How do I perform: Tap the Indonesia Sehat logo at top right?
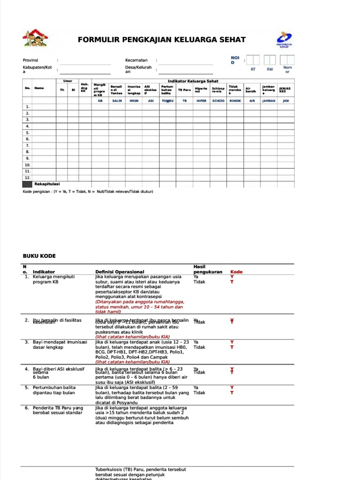pyautogui.click(x=284, y=40)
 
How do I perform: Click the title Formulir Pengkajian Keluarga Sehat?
pyautogui.click(x=161, y=40)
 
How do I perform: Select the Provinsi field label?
pyautogui.click(x=30, y=60)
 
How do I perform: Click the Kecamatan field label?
pyautogui.click(x=136, y=60)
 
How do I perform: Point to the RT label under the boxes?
pyautogui.click(x=253, y=69)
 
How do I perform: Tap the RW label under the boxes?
pyautogui.click(x=270, y=69)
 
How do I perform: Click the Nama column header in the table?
pyautogui.click(x=39, y=88)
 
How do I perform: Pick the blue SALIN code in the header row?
pyautogui.click(x=117, y=100)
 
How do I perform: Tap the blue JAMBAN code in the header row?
pyautogui.click(x=269, y=100)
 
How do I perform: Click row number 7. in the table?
pyautogui.click(x=27, y=145)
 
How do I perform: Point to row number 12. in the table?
pyautogui.click(x=27, y=178)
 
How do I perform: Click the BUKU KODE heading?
pyautogui.click(x=39, y=256)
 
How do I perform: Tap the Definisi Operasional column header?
pyautogui.click(x=120, y=272)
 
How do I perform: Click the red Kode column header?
pyautogui.click(x=236, y=272)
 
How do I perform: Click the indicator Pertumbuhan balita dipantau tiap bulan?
pyautogui.click(x=54, y=390)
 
